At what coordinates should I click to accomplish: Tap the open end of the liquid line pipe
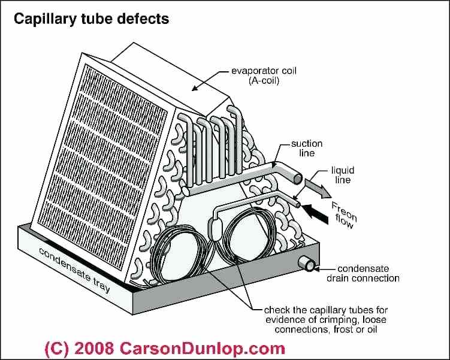point(298,204)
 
